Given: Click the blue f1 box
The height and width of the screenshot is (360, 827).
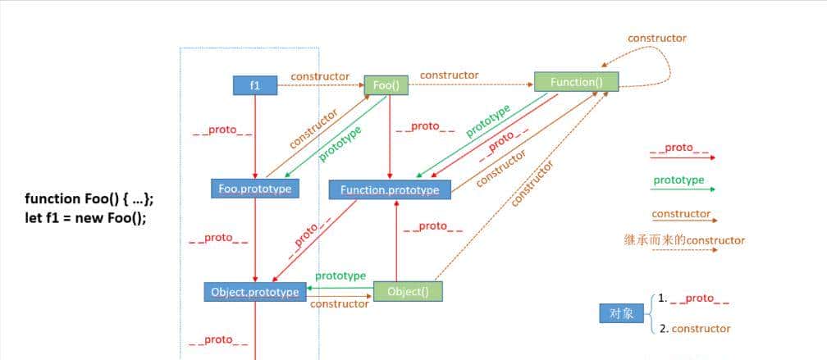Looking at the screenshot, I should pyautogui.click(x=254, y=84).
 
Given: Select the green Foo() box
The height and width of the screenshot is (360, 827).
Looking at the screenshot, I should pyautogui.click(x=386, y=84).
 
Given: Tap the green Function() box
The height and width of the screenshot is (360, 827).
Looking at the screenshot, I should pyautogui.click(x=576, y=81).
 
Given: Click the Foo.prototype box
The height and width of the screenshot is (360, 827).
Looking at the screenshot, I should pyautogui.click(x=254, y=188).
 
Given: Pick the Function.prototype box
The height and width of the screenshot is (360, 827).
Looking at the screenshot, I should pyautogui.click(x=390, y=190).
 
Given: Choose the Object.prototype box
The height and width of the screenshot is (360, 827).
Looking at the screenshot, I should pyautogui.click(x=255, y=291).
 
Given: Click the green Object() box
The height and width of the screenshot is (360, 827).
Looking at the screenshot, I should pyautogui.click(x=407, y=291).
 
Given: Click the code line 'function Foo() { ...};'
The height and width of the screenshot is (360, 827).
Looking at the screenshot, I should pyautogui.click(x=89, y=198).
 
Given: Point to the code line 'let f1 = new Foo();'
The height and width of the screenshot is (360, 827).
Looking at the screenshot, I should pyautogui.click(x=85, y=218).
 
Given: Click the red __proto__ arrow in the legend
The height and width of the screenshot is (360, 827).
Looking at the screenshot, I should pyautogui.click(x=681, y=156).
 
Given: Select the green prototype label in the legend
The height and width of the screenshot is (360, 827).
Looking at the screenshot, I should pyautogui.click(x=679, y=180).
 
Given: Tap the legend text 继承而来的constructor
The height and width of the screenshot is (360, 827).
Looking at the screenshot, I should pyautogui.click(x=684, y=240).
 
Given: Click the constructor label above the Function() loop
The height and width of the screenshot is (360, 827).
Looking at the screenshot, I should pyautogui.click(x=656, y=38).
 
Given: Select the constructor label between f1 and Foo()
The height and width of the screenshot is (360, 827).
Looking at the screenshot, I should pyautogui.click(x=320, y=76).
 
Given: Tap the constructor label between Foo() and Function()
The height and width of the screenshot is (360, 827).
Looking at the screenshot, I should pyautogui.click(x=449, y=75).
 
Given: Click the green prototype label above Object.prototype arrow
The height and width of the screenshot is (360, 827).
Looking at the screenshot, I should pyautogui.click(x=340, y=276).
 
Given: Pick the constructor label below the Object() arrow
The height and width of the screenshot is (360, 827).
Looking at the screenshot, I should pyautogui.click(x=339, y=304).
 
